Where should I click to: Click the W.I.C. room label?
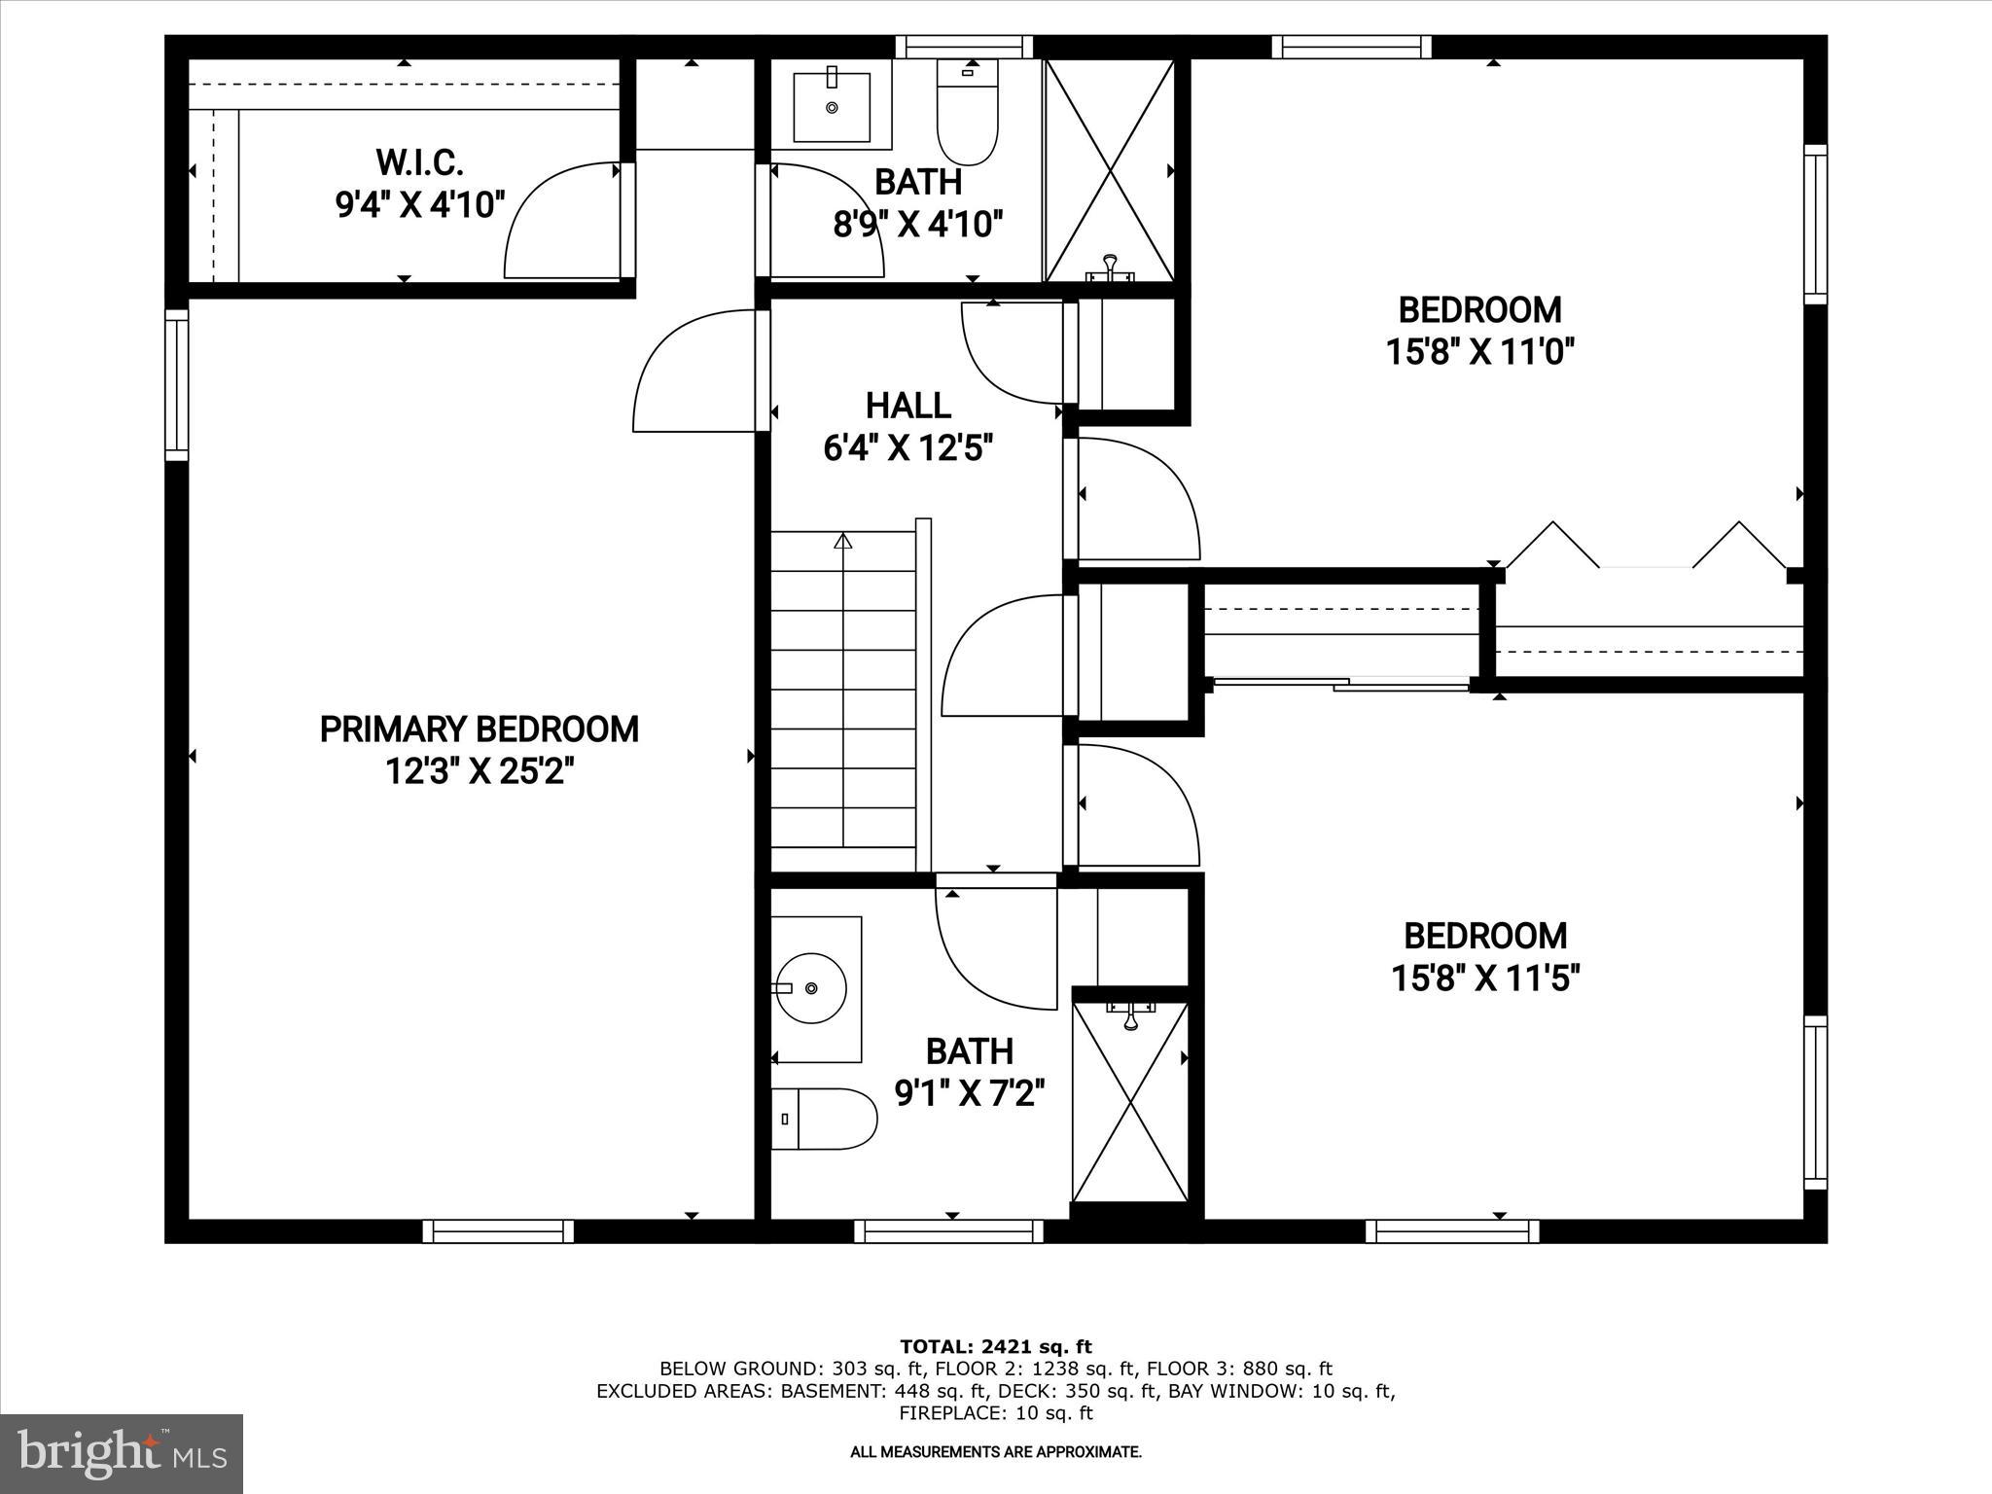(x=419, y=160)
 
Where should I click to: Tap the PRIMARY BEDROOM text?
(x=479, y=729)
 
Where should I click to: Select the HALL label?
(x=908, y=405)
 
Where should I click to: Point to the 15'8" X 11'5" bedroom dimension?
(x=1485, y=978)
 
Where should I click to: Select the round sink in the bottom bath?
(x=813, y=988)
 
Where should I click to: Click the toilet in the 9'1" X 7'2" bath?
(x=827, y=1119)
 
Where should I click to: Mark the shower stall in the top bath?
(x=1110, y=170)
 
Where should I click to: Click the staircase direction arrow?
(x=842, y=541)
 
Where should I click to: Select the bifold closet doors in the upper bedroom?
(x=1646, y=546)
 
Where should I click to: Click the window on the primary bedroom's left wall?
(x=176, y=385)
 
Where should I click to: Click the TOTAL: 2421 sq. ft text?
(x=995, y=1347)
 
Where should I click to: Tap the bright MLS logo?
(x=122, y=1453)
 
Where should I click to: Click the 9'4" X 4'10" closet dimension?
(x=419, y=205)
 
